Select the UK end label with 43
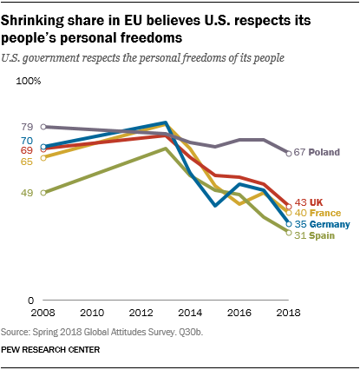(311, 202)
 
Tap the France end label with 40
(317, 213)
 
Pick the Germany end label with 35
(323, 224)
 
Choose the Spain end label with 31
(314, 235)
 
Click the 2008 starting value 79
(27, 127)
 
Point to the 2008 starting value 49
(27, 193)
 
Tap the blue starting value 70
(27, 141)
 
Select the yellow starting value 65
(27, 161)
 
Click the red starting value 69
(27, 150)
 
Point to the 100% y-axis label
(29, 82)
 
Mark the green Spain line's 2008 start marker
(43, 193)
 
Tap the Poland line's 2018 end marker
(289, 153)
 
